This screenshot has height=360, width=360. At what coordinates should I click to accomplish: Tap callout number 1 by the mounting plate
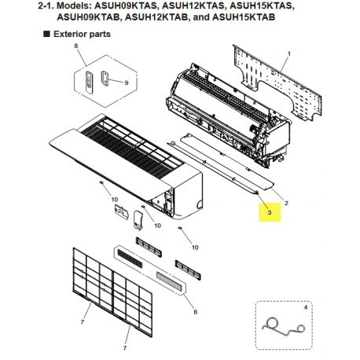coord(288,52)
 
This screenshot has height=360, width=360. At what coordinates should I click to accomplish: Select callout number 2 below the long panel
coord(285,202)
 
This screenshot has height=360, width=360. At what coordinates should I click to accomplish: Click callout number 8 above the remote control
coord(76,48)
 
